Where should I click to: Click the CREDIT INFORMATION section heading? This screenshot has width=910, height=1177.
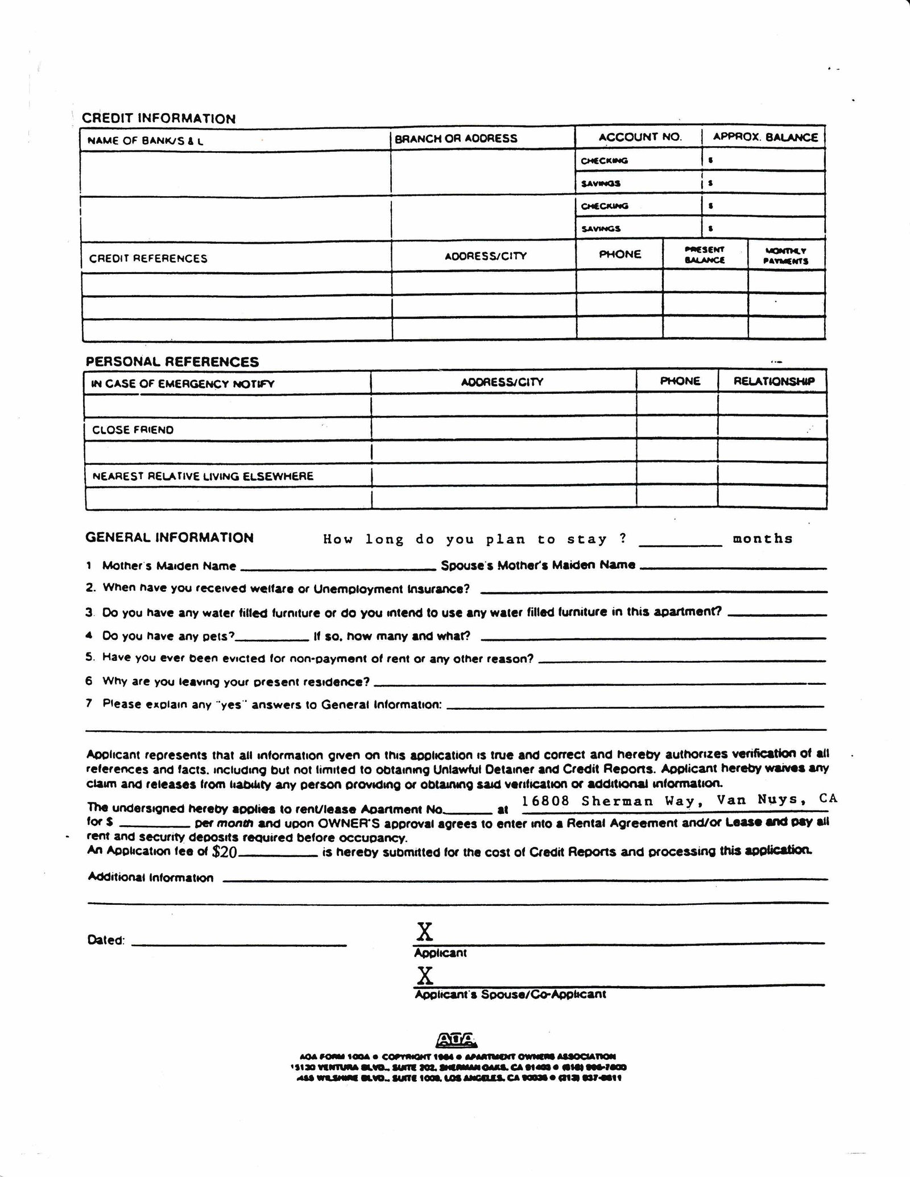pyautogui.click(x=159, y=118)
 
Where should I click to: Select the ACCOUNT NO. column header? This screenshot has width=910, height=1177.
pyautogui.click(x=640, y=137)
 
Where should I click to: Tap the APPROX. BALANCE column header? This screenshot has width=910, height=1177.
pyautogui.click(x=765, y=137)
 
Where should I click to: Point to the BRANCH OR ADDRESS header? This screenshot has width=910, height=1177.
pyautogui.click(x=456, y=138)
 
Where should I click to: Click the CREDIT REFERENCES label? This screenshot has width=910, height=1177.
pyautogui.click(x=148, y=259)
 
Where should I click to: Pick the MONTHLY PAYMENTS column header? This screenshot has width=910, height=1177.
pyautogui.click(x=785, y=256)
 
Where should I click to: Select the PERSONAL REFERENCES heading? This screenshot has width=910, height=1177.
pyautogui.click(x=172, y=362)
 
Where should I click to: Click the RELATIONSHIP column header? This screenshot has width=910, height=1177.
pyautogui.click(x=774, y=381)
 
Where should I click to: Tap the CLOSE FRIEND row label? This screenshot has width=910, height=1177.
pyautogui.click(x=133, y=430)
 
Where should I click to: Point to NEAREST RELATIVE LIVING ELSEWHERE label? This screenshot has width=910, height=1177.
pyautogui.click(x=203, y=476)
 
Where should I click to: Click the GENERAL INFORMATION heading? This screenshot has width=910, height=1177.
pyautogui.click(x=169, y=538)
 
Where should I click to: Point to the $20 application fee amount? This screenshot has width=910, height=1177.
pyautogui.click(x=224, y=851)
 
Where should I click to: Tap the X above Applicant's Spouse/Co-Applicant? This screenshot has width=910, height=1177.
pyautogui.click(x=425, y=975)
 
